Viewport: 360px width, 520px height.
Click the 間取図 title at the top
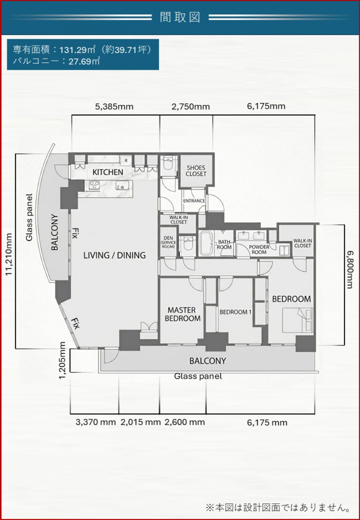pyautogui.click(x=180, y=18)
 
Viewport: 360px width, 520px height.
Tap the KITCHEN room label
pyautogui.click(x=108, y=172)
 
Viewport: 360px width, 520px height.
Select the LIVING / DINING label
pyautogui.click(x=114, y=255)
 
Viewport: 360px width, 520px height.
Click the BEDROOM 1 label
pyautogui.click(x=234, y=312)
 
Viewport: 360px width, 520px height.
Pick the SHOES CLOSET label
pyautogui.click(x=196, y=170)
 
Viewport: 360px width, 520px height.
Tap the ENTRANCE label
pyautogui.click(x=194, y=201)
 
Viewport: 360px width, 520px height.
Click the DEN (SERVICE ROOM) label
pyautogui.click(x=168, y=242)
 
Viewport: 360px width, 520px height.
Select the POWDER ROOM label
pyautogui.click(x=259, y=249)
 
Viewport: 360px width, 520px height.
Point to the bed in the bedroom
pyautogui.click(x=297, y=320)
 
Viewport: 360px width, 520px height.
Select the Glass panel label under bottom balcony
pyautogui.click(x=198, y=377)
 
